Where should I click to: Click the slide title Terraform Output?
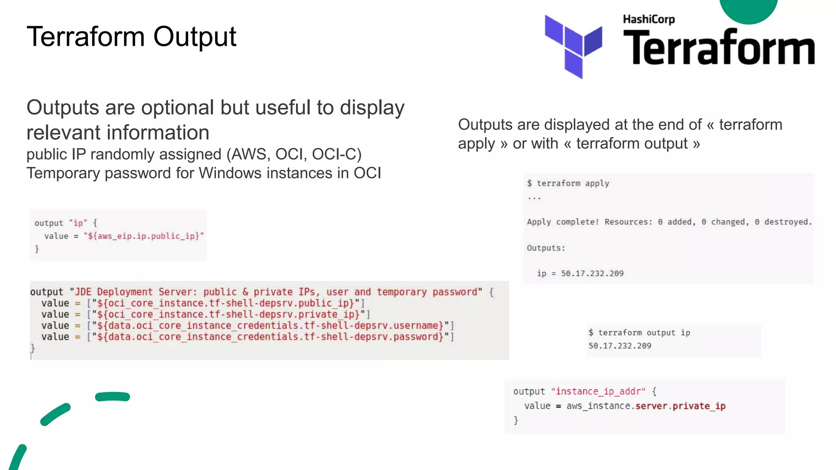(x=131, y=37)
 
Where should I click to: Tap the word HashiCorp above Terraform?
(x=649, y=20)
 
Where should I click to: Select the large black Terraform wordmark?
(x=718, y=48)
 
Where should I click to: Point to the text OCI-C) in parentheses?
(x=337, y=154)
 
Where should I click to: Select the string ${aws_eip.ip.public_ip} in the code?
(x=144, y=236)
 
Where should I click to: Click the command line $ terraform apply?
(x=568, y=184)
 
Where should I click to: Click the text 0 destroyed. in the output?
(x=783, y=222)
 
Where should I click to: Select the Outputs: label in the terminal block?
(x=546, y=248)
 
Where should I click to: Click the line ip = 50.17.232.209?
(x=580, y=273)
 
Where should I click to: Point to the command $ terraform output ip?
(x=639, y=333)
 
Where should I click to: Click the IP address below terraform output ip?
(x=620, y=346)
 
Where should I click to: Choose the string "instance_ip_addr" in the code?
(x=598, y=392)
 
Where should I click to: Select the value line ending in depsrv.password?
(x=247, y=337)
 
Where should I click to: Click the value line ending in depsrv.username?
(x=247, y=326)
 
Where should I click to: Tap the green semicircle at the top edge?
(x=748, y=10)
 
